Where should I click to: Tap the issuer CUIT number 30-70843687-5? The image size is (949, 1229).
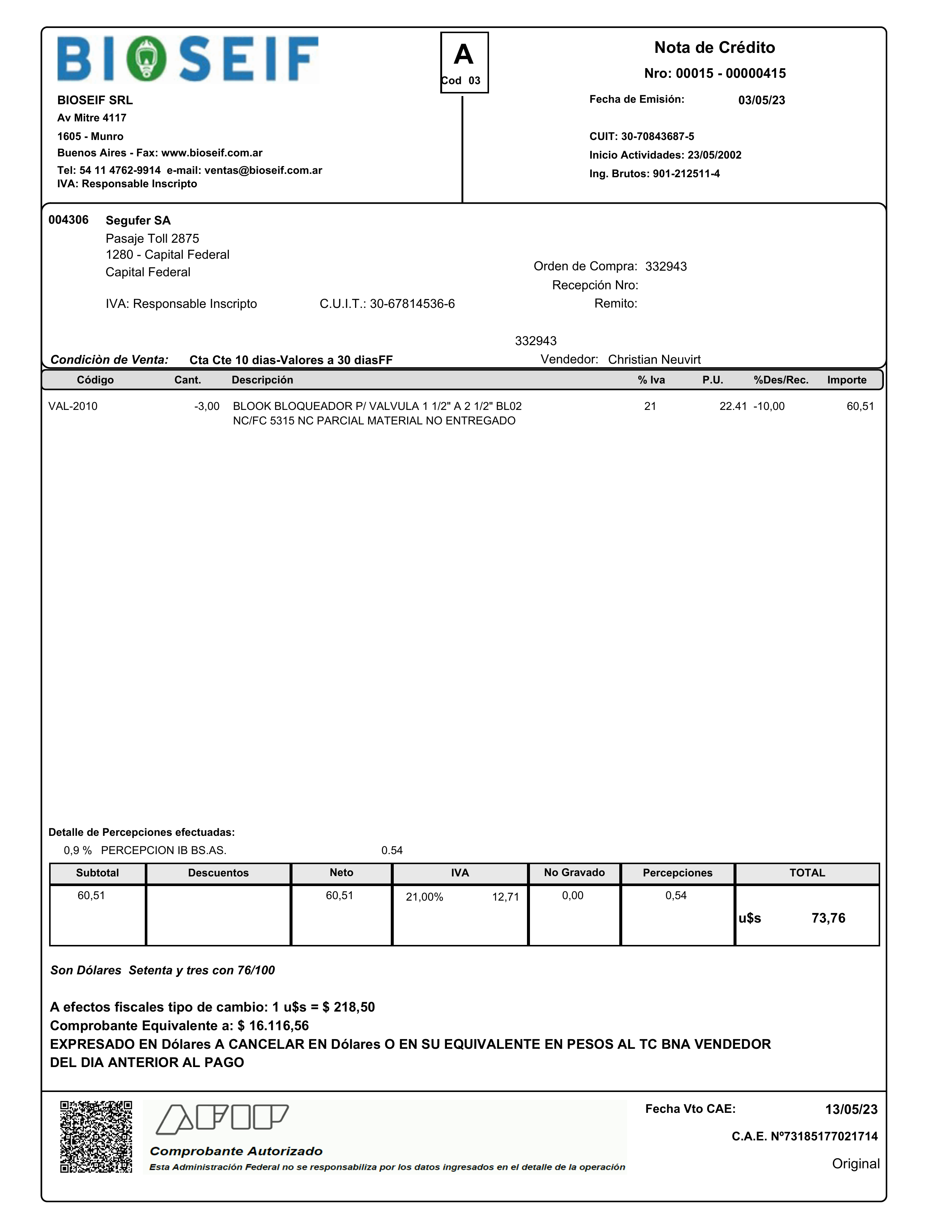point(657,137)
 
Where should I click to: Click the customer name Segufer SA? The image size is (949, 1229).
point(138,220)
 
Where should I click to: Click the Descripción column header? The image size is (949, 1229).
point(262,380)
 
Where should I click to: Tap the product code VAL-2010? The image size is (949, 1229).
point(73,406)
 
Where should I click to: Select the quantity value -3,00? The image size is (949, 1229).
point(207,406)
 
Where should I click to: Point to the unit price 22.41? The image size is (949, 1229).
point(732,406)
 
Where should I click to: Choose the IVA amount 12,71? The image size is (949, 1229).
point(505,897)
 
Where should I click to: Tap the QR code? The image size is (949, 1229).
point(96,1137)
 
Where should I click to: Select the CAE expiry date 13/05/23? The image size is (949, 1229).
point(850,1110)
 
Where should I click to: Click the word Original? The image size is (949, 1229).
point(855,1164)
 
